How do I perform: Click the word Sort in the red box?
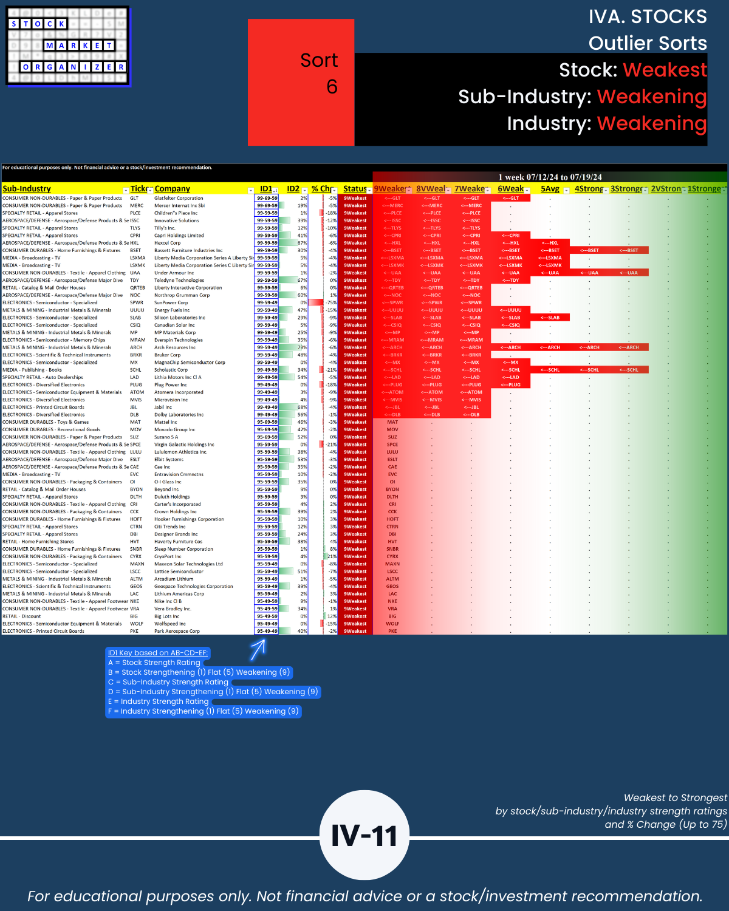319,60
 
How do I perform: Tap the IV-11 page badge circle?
364,835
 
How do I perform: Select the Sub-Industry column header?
27,189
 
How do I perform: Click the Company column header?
172,189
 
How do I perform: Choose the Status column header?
355,189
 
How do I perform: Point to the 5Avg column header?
550,189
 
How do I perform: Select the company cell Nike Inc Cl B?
168,601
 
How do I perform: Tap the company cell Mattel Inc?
165,422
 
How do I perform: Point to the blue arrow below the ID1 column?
258,649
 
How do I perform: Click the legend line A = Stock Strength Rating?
154,663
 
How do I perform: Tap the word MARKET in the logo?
79,46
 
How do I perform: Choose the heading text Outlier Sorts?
647,43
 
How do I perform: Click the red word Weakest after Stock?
665,70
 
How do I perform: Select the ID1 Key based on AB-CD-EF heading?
158,653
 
